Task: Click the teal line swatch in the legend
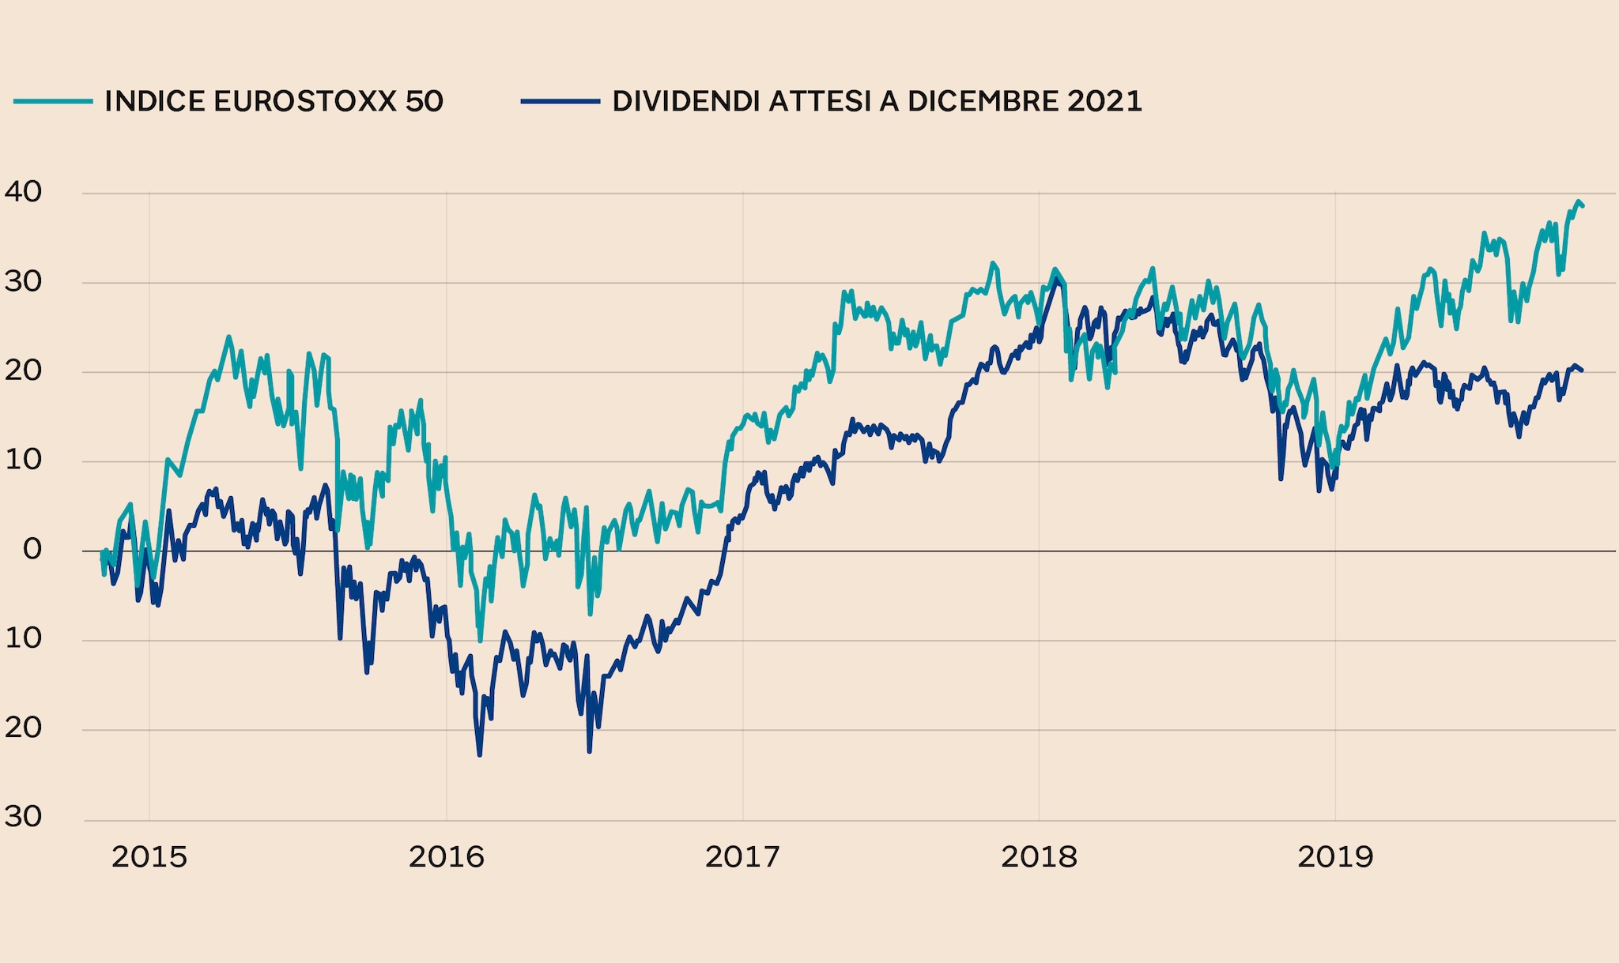(x=53, y=101)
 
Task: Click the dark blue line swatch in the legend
(x=560, y=101)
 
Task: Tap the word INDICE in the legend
(x=153, y=101)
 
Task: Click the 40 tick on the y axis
(x=23, y=192)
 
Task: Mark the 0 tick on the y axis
(x=32, y=549)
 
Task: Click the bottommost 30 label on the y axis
(x=23, y=817)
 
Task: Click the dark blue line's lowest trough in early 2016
(x=480, y=755)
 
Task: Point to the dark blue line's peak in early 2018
(x=1057, y=278)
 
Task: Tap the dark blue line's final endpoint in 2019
(x=1582, y=370)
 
